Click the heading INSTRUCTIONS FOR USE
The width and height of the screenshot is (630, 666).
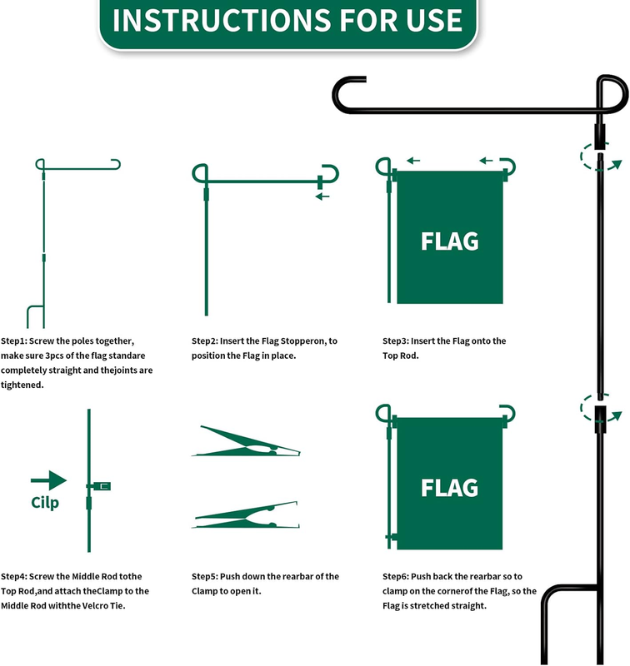(287, 20)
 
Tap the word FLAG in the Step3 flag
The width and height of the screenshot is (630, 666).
(450, 241)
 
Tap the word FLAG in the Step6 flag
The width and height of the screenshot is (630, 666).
(450, 488)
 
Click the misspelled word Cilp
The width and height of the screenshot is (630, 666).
(45, 503)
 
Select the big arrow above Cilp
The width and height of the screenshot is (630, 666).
(49, 480)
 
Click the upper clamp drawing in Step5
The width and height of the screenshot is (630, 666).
(246, 442)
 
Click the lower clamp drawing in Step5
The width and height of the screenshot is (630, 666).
(246, 514)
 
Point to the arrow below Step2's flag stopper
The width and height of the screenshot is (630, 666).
(322, 196)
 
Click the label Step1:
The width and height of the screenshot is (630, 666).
(13, 341)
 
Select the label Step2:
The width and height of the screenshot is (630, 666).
(204, 341)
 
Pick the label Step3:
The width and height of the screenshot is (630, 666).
(395, 341)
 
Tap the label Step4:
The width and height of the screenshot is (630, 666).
(13, 576)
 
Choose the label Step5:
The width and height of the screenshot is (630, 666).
(204, 576)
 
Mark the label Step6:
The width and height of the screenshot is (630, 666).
(395, 576)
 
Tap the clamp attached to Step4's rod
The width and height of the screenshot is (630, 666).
(101, 486)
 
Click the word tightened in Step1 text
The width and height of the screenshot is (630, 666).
(22, 385)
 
